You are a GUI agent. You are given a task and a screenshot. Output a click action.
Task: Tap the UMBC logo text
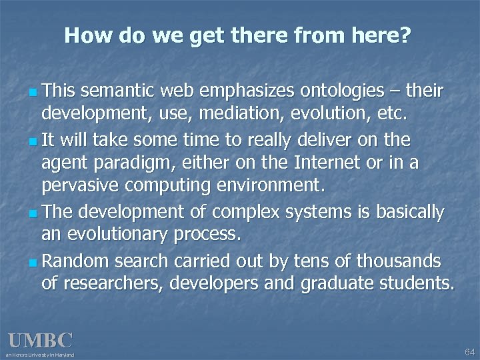(x=40, y=341)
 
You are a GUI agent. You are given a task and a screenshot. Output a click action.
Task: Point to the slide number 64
(x=469, y=351)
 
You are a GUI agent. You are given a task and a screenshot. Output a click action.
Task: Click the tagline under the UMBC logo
(x=40, y=355)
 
